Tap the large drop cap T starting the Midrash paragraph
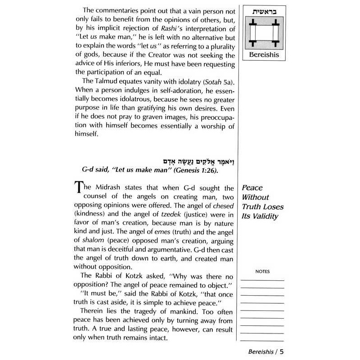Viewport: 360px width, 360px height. tap(77, 189)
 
